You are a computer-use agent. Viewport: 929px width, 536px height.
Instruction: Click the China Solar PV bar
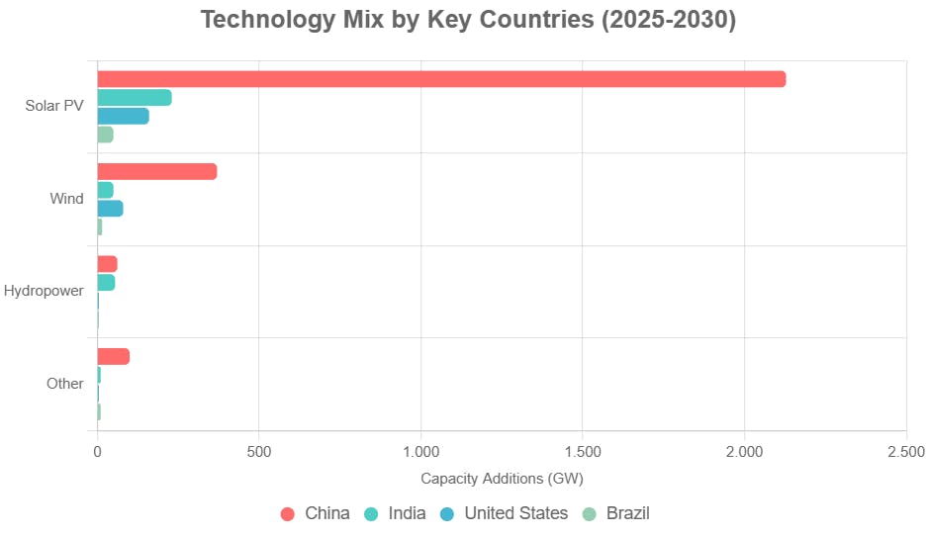441,79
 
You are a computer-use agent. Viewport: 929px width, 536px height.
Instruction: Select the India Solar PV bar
134,98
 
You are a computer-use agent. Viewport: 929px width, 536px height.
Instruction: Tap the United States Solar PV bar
123,117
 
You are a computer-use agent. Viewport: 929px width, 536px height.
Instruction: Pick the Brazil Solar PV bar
105,134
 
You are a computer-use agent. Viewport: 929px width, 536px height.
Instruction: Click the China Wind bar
156,172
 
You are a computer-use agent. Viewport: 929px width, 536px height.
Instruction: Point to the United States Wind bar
110,209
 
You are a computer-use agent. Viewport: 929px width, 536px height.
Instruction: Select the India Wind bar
105,190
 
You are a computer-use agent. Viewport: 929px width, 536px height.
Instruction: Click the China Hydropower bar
107,264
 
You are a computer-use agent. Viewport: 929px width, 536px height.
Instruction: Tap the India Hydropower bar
106,283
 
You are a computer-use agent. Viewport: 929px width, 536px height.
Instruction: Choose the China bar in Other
113,357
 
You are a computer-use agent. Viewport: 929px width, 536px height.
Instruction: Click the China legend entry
316,513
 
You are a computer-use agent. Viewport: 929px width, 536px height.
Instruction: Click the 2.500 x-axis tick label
906,452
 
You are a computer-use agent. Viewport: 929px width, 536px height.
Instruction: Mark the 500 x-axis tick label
258,452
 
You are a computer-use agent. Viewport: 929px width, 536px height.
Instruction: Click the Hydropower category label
44,292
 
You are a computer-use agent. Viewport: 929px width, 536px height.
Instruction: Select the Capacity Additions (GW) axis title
502,479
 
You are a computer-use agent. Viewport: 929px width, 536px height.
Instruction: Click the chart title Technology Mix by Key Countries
468,20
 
